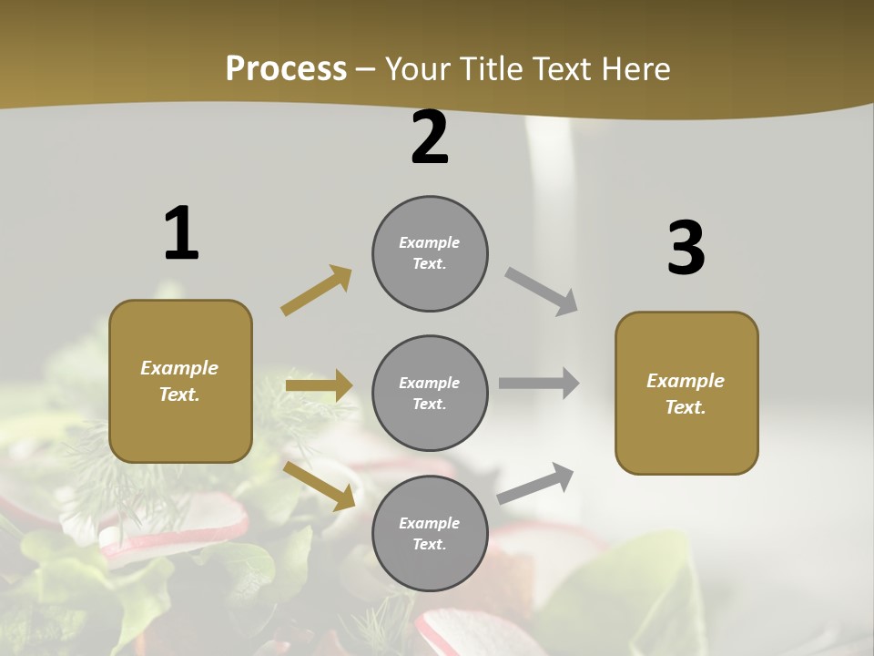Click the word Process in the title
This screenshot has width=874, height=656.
pos(286,69)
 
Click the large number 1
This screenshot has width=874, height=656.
pos(181,234)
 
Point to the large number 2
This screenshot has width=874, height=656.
pos(430,138)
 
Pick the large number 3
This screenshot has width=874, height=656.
pos(686,249)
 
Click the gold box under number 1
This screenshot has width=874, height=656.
pos(180,381)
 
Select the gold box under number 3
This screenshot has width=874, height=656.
pos(686,393)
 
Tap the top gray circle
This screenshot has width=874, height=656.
pos(430,253)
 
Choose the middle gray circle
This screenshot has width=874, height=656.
pos(430,393)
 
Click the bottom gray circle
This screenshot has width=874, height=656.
pos(430,533)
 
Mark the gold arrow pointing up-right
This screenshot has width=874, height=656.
pos(317,291)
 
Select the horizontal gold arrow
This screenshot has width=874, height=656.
pos(319,385)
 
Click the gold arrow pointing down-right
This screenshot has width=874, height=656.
pos(320,486)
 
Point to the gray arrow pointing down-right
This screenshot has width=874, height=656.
pos(542,292)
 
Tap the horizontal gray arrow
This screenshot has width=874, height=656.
pos(539,384)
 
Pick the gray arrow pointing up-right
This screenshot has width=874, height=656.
pos(535,483)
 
